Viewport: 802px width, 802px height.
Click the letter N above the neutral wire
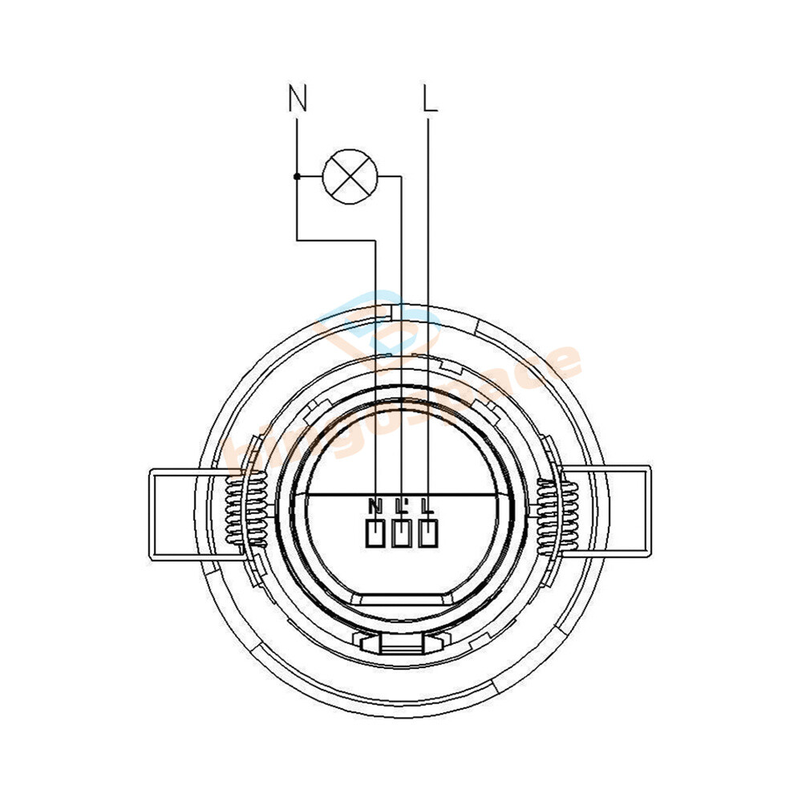point(298,99)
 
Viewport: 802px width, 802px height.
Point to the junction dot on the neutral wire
point(297,176)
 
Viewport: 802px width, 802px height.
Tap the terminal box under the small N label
point(375,533)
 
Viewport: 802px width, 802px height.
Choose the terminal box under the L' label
point(402,533)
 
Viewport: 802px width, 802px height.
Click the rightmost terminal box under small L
point(429,533)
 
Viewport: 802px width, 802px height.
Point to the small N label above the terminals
point(375,506)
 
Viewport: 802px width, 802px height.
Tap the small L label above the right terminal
point(428,506)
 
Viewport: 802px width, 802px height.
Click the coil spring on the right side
point(556,513)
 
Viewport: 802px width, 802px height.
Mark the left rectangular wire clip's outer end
point(152,513)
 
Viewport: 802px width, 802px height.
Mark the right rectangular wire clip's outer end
point(648,511)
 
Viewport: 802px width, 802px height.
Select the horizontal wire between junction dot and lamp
point(310,176)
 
